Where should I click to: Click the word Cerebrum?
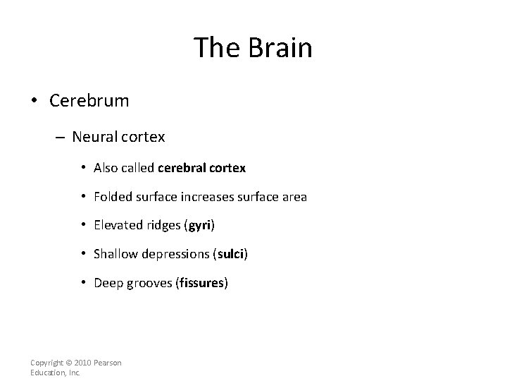point(89,101)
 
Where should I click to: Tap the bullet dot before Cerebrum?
point(35,101)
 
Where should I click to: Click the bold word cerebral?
point(181,168)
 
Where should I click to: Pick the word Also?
point(106,168)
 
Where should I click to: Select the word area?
point(293,197)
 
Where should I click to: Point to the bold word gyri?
point(199,226)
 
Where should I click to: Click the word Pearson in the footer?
point(108,363)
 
